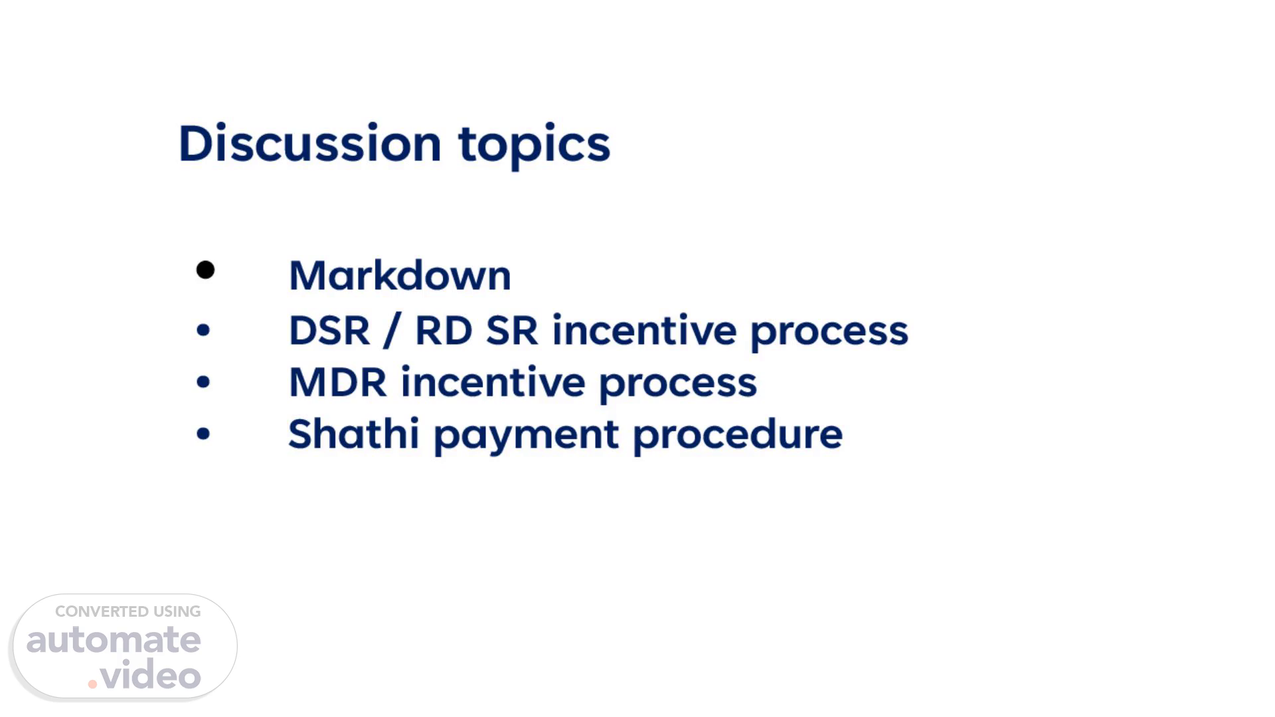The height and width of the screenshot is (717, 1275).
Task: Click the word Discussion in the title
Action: coord(310,143)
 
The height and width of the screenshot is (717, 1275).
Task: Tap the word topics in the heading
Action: coord(535,146)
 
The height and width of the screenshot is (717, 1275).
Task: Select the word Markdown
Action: coord(400,275)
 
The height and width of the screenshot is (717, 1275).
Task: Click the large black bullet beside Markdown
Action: coord(206,270)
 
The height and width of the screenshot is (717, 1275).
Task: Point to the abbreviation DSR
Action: coord(329,330)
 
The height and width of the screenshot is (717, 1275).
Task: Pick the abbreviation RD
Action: coord(444,330)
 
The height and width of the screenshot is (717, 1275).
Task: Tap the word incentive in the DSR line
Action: coord(644,329)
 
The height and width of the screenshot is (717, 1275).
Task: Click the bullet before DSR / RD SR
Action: coord(203,330)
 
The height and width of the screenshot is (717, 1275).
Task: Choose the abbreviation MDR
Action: coord(337,382)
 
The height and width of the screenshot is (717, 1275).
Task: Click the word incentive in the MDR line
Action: coord(493,382)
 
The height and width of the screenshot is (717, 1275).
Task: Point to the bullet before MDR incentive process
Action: coord(203,382)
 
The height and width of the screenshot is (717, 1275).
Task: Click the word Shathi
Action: coord(354,434)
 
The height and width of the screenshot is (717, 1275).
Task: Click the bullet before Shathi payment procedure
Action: coord(203,434)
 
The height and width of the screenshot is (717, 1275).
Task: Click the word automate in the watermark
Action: coord(114,640)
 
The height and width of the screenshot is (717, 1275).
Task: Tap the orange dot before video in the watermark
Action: coord(92,684)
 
